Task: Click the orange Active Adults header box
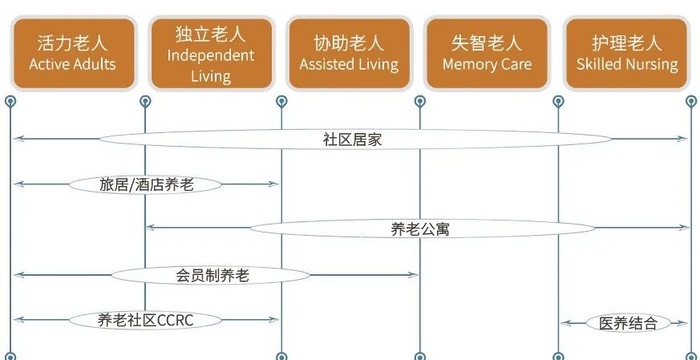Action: click(72, 53)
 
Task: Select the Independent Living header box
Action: click(211, 53)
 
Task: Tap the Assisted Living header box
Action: click(349, 53)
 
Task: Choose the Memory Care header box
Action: click(487, 53)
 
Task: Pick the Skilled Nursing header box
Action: click(627, 53)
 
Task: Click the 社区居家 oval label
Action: click(352, 139)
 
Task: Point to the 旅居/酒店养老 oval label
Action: click(146, 184)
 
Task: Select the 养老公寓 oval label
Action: click(420, 229)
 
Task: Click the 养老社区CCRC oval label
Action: click(146, 320)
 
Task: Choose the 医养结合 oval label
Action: click(628, 323)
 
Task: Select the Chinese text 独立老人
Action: click(211, 34)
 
